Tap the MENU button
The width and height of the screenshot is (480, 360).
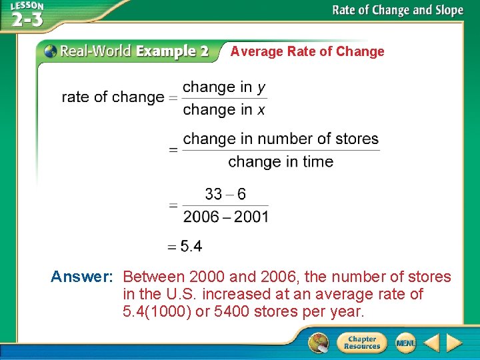coord(405,343)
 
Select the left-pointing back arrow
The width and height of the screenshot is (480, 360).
coord(431,343)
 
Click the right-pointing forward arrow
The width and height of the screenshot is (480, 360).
coord(455,343)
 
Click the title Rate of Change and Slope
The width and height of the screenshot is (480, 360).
coord(397,10)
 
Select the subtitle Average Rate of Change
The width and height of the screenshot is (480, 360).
coord(307,51)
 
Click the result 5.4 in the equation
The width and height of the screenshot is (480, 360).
coord(191,247)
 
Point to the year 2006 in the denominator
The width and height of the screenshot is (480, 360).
coord(201,217)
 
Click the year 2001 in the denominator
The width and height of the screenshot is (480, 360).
coord(251,217)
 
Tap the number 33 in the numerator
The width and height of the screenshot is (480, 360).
coord(213,194)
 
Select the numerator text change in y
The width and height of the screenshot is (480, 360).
coord(224,87)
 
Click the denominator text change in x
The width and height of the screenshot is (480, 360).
coord(224,109)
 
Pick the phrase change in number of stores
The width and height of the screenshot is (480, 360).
coord(281,139)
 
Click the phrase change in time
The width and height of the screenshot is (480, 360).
coord(281,161)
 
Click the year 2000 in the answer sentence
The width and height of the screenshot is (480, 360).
coord(207,277)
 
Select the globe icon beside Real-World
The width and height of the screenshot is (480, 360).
coord(50,51)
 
